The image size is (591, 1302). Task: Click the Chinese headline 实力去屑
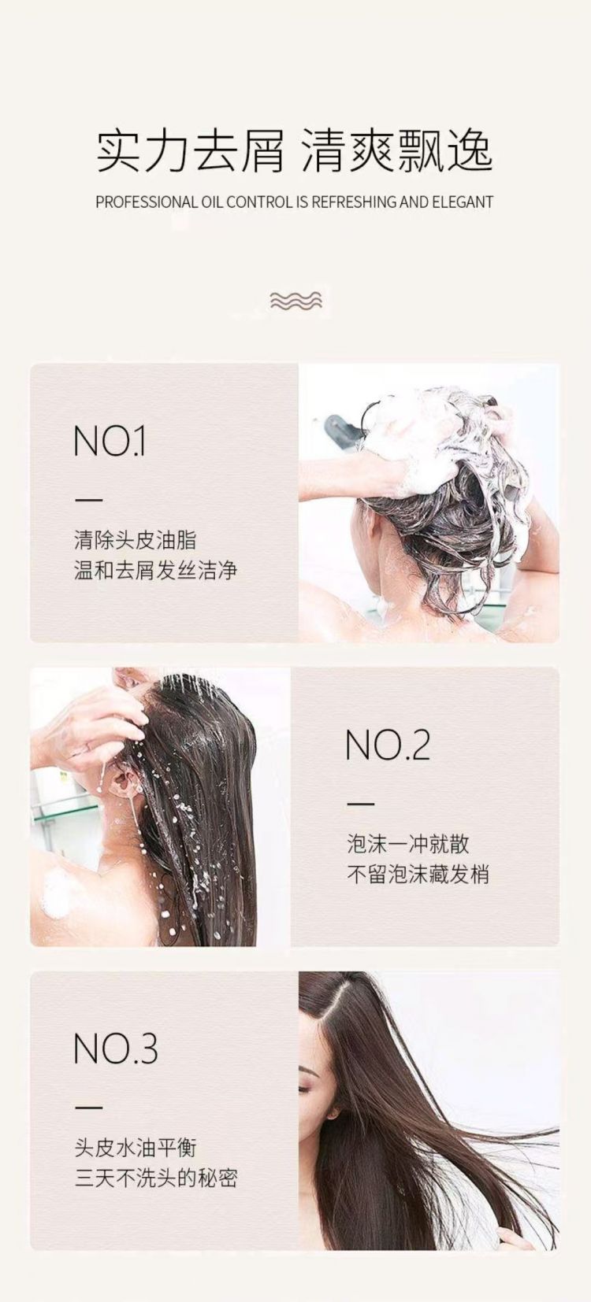190,152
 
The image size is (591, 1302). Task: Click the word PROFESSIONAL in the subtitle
147,202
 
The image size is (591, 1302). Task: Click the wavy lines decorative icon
295,301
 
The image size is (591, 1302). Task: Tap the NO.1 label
110,442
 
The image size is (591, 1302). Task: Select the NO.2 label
388,745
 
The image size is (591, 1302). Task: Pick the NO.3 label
116,1049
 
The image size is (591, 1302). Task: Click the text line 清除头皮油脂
135,540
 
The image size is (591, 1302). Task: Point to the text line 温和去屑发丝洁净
155,570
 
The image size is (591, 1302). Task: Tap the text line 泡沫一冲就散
407,844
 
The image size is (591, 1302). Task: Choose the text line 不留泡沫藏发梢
418,875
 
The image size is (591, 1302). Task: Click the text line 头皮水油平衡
135,1148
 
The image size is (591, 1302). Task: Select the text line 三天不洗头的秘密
155,1178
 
